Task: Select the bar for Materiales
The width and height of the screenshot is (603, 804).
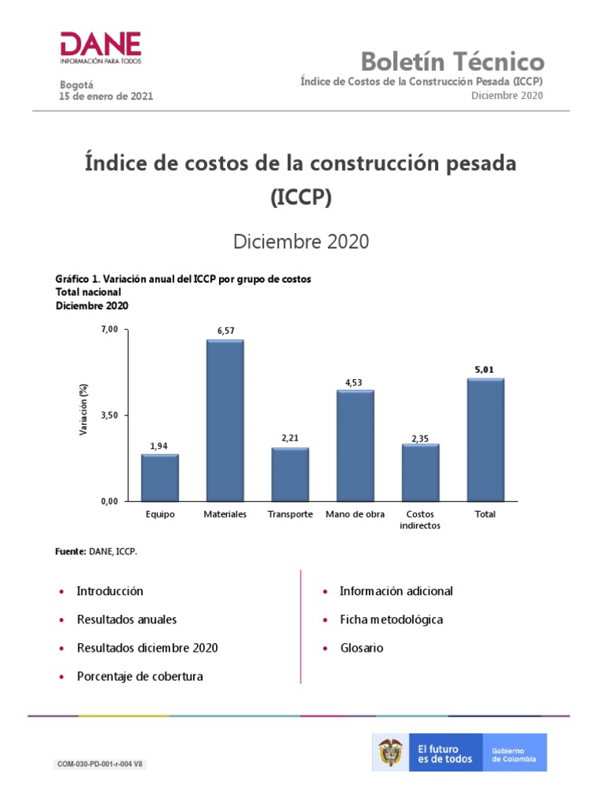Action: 225,420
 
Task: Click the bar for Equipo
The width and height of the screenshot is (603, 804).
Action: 159,477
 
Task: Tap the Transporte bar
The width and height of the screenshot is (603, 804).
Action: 290,474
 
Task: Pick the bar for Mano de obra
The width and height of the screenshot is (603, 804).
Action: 355,445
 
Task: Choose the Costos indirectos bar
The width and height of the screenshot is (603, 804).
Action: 420,472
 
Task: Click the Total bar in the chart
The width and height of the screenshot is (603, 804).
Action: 485,440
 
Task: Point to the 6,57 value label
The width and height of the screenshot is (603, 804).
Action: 225,331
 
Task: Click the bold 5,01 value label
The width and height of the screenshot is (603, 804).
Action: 485,369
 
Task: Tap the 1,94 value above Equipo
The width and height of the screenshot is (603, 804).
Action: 159,446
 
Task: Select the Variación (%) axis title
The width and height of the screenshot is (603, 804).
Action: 84,411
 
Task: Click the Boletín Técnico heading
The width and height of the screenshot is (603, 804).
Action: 451,61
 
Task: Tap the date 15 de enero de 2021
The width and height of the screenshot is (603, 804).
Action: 106,97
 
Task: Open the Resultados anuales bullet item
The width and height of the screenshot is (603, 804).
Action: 126,619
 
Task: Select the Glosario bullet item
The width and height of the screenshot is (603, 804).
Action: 361,648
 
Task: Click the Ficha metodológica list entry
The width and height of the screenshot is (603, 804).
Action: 391,619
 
